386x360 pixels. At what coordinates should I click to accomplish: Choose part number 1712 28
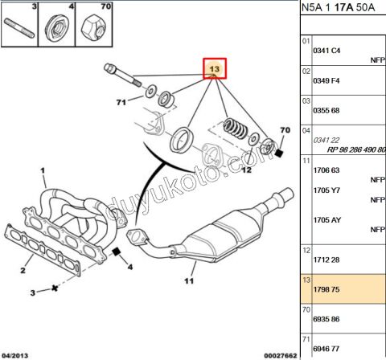325,259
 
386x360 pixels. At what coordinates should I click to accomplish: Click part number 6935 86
325,319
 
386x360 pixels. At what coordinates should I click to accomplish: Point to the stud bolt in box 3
17,31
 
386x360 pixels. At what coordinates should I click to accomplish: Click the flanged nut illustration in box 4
57,31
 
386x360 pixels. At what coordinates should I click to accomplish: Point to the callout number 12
246,170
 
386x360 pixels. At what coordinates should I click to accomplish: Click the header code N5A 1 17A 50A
342,9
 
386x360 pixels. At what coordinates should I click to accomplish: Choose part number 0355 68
325,110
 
